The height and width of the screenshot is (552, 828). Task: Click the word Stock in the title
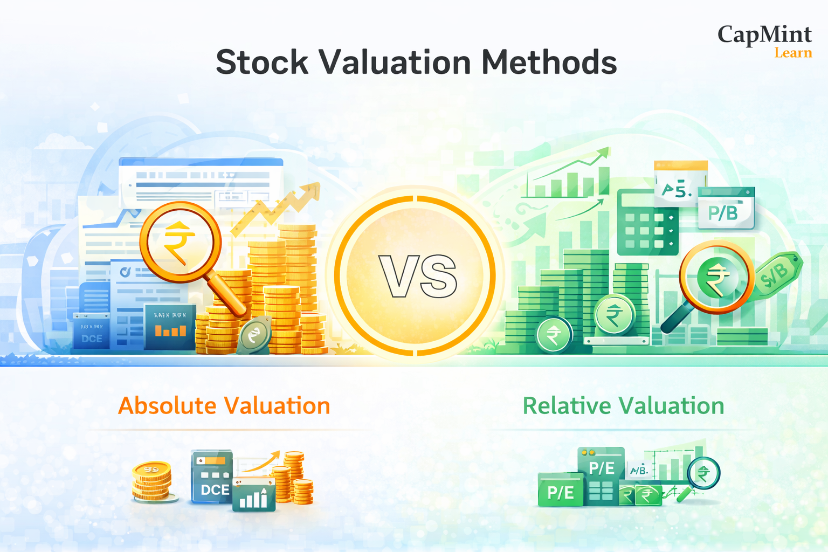coord(262,63)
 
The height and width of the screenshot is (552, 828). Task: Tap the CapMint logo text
coord(764,34)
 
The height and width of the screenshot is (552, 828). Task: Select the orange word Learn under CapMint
coord(793,53)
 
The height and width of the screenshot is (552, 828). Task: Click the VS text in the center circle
coord(418,277)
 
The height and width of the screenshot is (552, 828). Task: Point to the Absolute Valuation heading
coord(224,406)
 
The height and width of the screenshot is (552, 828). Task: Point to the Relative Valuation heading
coord(623,406)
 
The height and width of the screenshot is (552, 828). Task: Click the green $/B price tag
coord(776,275)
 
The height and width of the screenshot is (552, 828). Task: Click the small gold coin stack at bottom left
coord(153,481)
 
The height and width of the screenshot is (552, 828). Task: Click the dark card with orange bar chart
coord(170,326)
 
